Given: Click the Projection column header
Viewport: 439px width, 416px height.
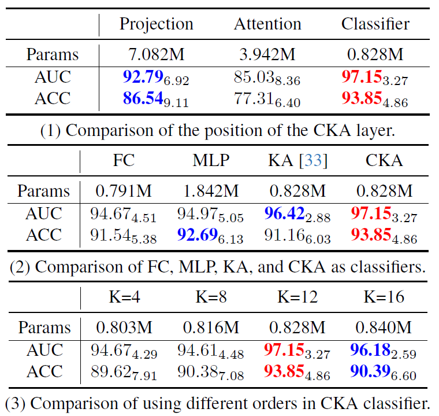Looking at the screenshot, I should click(156, 24).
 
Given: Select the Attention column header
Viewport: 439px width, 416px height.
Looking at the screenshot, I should click(267, 24).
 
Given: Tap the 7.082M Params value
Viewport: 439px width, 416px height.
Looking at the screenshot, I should click(156, 54).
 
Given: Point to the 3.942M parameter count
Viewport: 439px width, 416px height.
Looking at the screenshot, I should click(267, 54).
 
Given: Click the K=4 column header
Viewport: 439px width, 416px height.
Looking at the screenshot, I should click(124, 297).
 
